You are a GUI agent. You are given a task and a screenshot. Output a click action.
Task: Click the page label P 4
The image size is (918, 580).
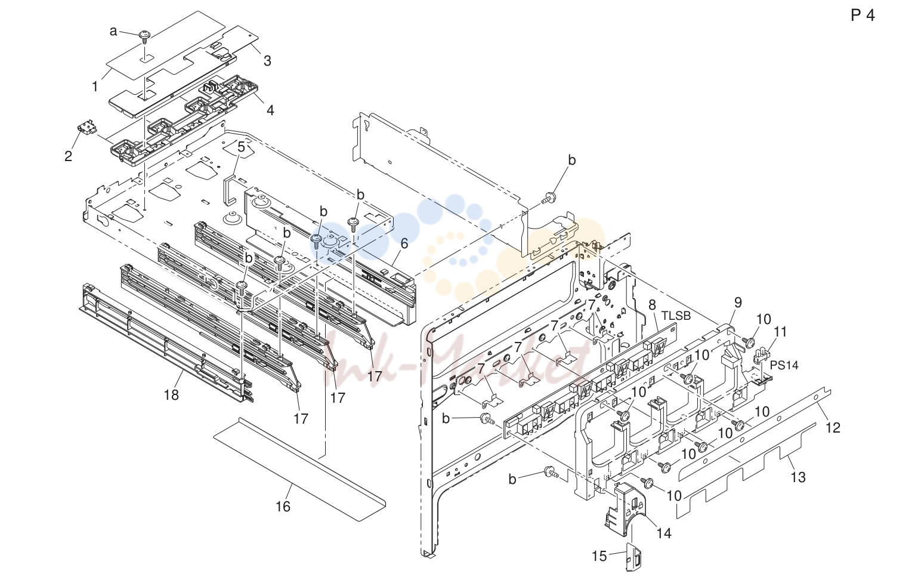pyautogui.click(x=863, y=15)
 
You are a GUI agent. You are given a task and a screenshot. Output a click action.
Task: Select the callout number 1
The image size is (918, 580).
pyautogui.click(x=95, y=87)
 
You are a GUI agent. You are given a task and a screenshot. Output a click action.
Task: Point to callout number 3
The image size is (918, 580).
pyautogui.click(x=267, y=61)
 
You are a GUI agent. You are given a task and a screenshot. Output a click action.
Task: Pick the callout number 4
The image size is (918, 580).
pyautogui.click(x=270, y=110)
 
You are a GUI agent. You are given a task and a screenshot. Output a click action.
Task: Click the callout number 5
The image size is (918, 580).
pyautogui.click(x=241, y=147)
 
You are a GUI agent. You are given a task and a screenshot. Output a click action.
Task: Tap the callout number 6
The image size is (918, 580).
pyautogui.click(x=404, y=243)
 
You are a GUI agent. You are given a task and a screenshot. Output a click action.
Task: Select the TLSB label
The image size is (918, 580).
pyautogui.click(x=676, y=316)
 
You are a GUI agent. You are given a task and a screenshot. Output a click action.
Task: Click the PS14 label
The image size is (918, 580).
pyautogui.click(x=784, y=365)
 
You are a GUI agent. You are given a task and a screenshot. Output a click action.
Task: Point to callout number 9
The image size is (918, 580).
pyautogui.click(x=738, y=303)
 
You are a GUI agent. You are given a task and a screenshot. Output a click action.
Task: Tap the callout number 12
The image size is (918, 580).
pyautogui.click(x=833, y=427)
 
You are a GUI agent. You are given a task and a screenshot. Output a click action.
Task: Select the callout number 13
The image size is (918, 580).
pyautogui.click(x=798, y=477)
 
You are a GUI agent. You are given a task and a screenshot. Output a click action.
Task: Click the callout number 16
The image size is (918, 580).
pyautogui.click(x=283, y=507)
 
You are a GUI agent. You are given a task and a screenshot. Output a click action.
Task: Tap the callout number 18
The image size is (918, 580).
pyautogui.click(x=171, y=395)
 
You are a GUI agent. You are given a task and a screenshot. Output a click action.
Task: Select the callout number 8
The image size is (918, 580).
pyautogui.click(x=652, y=305)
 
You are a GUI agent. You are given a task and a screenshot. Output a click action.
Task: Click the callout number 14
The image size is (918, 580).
pyautogui.click(x=664, y=533)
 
